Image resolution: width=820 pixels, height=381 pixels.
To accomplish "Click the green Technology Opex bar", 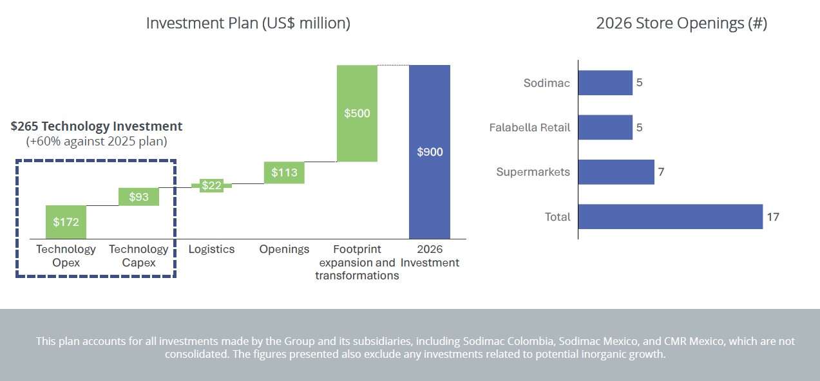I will pos(66,222).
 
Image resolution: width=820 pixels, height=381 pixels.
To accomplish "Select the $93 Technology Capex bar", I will pos(138,197).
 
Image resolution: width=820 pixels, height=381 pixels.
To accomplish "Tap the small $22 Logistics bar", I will pos(212,185).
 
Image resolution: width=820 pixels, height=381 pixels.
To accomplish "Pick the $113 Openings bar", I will pos(284,172).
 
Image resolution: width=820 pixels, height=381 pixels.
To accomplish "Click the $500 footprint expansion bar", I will pos(357,113).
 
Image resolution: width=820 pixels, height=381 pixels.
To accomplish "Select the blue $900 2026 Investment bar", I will pos(430,152).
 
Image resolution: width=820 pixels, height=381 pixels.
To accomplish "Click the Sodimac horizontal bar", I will pos(605,83).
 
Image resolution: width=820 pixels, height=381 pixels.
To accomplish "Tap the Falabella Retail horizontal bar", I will pos(605,127).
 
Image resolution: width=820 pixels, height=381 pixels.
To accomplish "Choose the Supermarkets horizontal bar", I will pos(616,172).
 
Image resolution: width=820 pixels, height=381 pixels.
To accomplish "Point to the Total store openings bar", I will pos(671,217).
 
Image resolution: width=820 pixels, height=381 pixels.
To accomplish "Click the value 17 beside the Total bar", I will pos(773,217).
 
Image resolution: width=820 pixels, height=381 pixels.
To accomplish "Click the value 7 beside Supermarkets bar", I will pos(661,172).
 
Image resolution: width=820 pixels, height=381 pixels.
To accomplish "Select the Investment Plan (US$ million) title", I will pos(248,23).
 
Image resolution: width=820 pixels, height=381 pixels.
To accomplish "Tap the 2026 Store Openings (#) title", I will pos(682,23).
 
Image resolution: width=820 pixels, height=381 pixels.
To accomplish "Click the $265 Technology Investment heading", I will pos(97,127).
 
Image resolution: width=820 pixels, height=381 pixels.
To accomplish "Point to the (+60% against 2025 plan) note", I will pos(97,142).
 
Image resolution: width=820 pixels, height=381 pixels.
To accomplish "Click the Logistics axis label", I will pos(211,249).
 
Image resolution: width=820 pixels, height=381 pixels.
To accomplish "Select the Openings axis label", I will pos(284,249).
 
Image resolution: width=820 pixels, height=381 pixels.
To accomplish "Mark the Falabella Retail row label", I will pos(529,127).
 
